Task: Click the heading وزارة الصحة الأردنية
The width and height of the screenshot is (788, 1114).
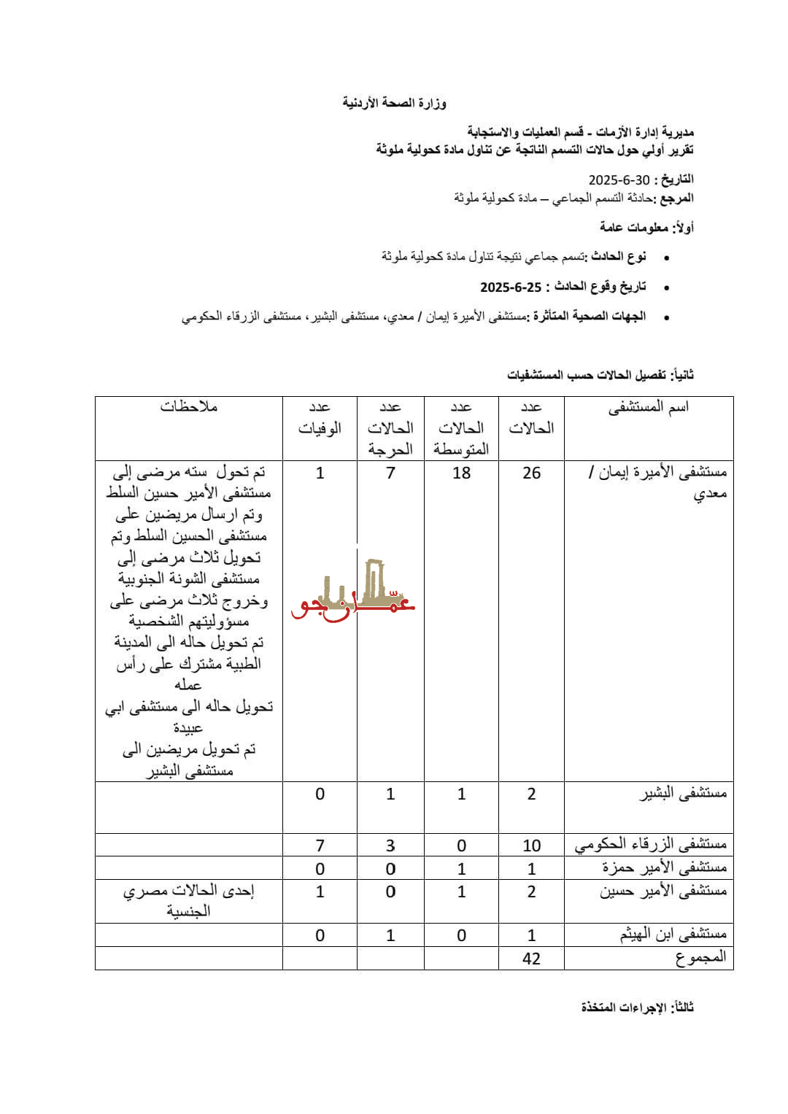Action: (394, 103)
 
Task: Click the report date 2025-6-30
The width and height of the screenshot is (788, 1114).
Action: (619, 180)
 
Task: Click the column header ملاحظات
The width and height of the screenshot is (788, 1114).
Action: (189, 407)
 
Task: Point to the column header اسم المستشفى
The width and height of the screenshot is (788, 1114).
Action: (649, 407)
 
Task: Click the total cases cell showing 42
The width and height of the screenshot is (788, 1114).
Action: (531, 958)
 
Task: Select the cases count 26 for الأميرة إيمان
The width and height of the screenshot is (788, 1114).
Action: (531, 473)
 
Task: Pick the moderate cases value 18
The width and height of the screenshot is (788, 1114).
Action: (461, 473)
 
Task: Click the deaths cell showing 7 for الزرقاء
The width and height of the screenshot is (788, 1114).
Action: (320, 846)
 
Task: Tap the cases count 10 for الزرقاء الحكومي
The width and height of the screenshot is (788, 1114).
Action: (531, 846)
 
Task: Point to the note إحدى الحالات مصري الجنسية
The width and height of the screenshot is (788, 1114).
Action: (189, 900)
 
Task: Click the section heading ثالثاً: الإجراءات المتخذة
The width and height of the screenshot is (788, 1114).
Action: (638, 1007)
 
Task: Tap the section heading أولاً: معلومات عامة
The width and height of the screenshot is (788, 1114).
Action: (646, 228)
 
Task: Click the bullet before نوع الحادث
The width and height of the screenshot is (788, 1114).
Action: (663, 258)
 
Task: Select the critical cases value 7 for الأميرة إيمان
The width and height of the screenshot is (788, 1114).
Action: (390, 473)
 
